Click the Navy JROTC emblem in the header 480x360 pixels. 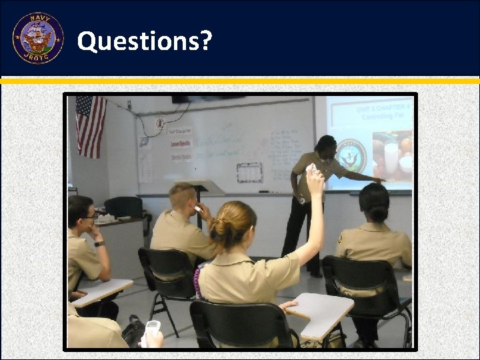(x=38, y=38)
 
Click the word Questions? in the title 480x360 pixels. (x=145, y=41)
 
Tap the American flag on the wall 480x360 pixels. (x=91, y=125)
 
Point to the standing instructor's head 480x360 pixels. (x=325, y=145)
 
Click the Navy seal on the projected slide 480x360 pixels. (x=351, y=155)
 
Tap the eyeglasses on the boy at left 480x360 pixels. (x=90, y=216)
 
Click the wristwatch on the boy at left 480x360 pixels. (x=99, y=243)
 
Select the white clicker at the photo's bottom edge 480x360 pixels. (x=152, y=331)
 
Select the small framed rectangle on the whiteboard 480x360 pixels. (x=249, y=172)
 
